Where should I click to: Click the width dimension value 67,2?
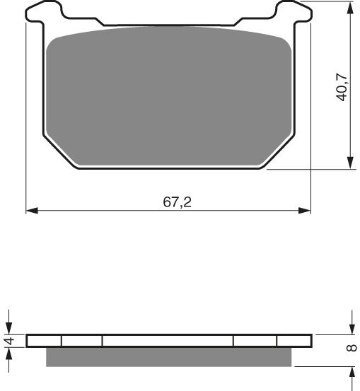tap(178, 202)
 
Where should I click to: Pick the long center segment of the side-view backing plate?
tap(168, 341)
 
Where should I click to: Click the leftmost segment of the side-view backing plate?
tap(44, 341)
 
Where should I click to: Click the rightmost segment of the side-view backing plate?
tap(294, 341)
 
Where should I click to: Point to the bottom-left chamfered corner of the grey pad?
tap(62, 150)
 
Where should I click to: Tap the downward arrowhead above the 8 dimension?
tap(352, 329)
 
